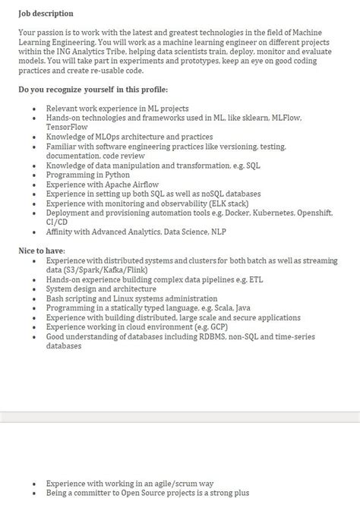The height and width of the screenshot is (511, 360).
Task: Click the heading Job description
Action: (x=46, y=14)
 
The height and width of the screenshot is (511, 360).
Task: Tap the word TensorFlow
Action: (x=68, y=128)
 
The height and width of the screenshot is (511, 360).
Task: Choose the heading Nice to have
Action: (x=41, y=251)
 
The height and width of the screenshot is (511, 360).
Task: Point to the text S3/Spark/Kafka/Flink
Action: (x=103, y=270)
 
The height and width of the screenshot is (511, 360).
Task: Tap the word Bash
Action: (x=55, y=298)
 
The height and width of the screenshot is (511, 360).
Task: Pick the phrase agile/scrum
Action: (x=171, y=483)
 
